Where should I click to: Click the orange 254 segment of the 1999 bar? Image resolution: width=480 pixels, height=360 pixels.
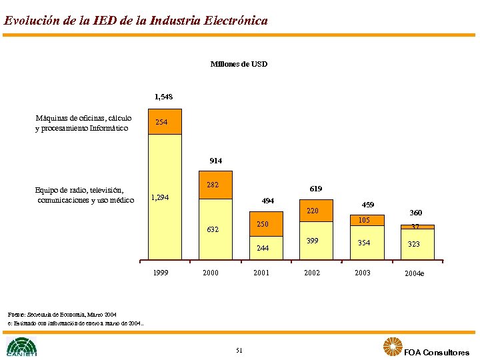click(164, 122)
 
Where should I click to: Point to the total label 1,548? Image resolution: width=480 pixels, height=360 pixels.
click(163, 97)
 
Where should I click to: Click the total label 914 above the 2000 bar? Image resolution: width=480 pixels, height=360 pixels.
click(215, 161)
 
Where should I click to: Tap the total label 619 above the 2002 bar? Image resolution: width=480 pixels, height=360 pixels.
click(315, 189)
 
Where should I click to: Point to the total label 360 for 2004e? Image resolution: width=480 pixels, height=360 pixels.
click(415, 213)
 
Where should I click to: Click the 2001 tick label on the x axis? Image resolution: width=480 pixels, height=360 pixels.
click(261, 273)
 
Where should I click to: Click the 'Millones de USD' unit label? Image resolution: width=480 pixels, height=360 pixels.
click(239, 64)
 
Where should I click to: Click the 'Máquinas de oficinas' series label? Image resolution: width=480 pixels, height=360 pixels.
click(83, 123)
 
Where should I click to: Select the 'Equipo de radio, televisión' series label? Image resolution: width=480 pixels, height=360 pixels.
click(85, 195)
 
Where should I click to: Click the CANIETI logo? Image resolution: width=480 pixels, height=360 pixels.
click(21, 347)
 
